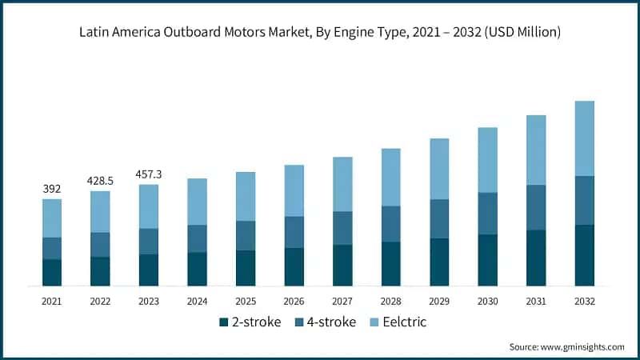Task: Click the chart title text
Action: click(x=320, y=33)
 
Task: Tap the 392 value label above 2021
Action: click(x=52, y=189)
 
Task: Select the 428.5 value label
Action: click(x=100, y=181)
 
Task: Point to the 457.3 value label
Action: click(x=149, y=174)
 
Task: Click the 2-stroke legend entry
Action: click(x=249, y=322)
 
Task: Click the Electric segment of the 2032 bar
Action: click(x=585, y=138)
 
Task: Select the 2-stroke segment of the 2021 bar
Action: click(x=52, y=272)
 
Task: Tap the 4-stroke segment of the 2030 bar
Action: click(x=488, y=213)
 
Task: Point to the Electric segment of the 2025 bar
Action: click(x=246, y=196)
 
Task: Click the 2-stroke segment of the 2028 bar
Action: click(x=391, y=263)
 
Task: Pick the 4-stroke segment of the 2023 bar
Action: click(x=149, y=242)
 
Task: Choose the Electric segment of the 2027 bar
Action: click(x=342, y=184)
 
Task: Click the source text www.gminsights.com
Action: click(x=566, y=346)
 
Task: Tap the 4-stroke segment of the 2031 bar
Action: click(x=536, y=207)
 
